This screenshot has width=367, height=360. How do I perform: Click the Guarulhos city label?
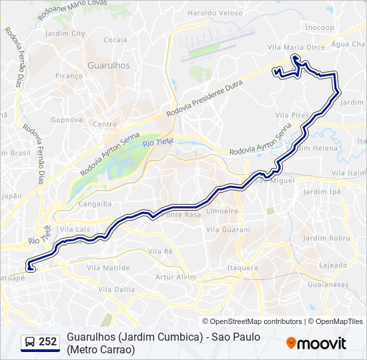(108, 66)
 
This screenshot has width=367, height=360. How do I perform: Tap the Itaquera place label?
(242, 268)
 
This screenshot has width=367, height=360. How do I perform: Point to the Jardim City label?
(65, 33)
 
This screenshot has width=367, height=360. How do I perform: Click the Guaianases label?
(328, 285)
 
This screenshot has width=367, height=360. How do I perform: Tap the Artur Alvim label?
(175, 277)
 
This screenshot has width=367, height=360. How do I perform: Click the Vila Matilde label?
(107, 267)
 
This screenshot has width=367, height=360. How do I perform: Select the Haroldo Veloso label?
(215, 13)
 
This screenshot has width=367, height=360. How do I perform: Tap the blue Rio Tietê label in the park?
(157, 141)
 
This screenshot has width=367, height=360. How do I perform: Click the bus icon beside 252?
(29, 342)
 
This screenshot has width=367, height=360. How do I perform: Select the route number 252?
(48, 342)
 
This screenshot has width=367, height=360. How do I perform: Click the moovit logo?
(316, 343)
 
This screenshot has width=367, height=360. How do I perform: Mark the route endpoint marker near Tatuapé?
(30, 268)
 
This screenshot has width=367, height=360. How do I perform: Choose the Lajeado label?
(332, 265)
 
